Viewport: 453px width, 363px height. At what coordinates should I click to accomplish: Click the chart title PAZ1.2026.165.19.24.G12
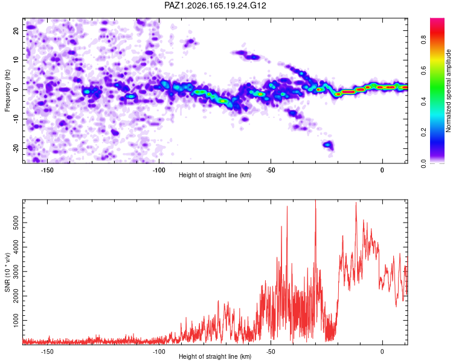pos(215,5)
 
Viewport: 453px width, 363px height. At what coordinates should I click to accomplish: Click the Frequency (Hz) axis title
pos(7,91)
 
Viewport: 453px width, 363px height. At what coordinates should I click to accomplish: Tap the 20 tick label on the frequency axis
pos(16,31)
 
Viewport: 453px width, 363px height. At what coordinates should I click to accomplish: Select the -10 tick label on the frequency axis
pos(16,119)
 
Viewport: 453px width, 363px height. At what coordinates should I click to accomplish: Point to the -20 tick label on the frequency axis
pos(16,148)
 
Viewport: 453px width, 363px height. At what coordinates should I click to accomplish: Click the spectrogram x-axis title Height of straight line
pos(215,175)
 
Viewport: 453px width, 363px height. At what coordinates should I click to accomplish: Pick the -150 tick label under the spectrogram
pos(47,170)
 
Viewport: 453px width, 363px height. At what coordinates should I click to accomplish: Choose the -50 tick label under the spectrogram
pos(271,170)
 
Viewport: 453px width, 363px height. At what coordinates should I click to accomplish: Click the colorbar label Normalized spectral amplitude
pos(448,91)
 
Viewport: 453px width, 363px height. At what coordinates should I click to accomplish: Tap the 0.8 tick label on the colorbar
pos(423,39)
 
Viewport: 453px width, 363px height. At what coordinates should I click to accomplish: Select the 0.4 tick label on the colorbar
pos(423,101)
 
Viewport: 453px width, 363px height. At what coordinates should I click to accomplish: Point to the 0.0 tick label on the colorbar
pos(423,163)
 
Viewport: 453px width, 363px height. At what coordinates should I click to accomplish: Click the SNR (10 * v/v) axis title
pos(7,272)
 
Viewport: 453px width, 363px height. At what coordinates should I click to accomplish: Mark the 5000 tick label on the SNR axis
pos(16,223)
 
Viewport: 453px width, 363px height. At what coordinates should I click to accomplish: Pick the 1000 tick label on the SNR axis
pos(16,321)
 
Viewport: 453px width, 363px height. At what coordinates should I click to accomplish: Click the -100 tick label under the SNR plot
pos(159,352)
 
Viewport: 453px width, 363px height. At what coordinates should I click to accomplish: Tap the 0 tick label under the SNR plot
pos(382,352)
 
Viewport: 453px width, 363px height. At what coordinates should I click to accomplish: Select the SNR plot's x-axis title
pos(215,356)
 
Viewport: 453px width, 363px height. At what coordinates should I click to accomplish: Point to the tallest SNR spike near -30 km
pos(315,200)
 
